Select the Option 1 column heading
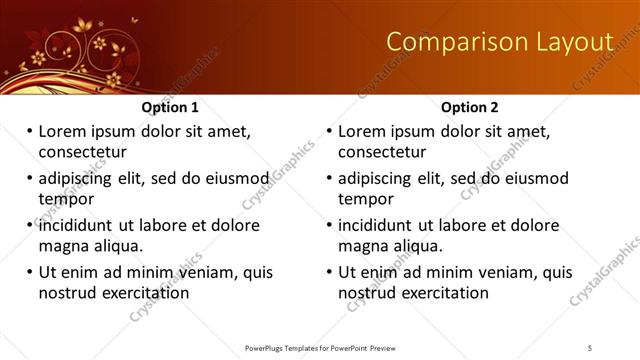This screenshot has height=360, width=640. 170,107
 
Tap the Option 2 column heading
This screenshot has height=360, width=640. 470,107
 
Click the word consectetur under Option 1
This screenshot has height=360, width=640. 82,152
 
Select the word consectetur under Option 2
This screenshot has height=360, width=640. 382,152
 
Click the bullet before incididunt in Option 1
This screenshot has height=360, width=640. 29,225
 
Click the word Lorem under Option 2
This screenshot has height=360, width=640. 362,131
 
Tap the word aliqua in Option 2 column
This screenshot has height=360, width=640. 420,246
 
